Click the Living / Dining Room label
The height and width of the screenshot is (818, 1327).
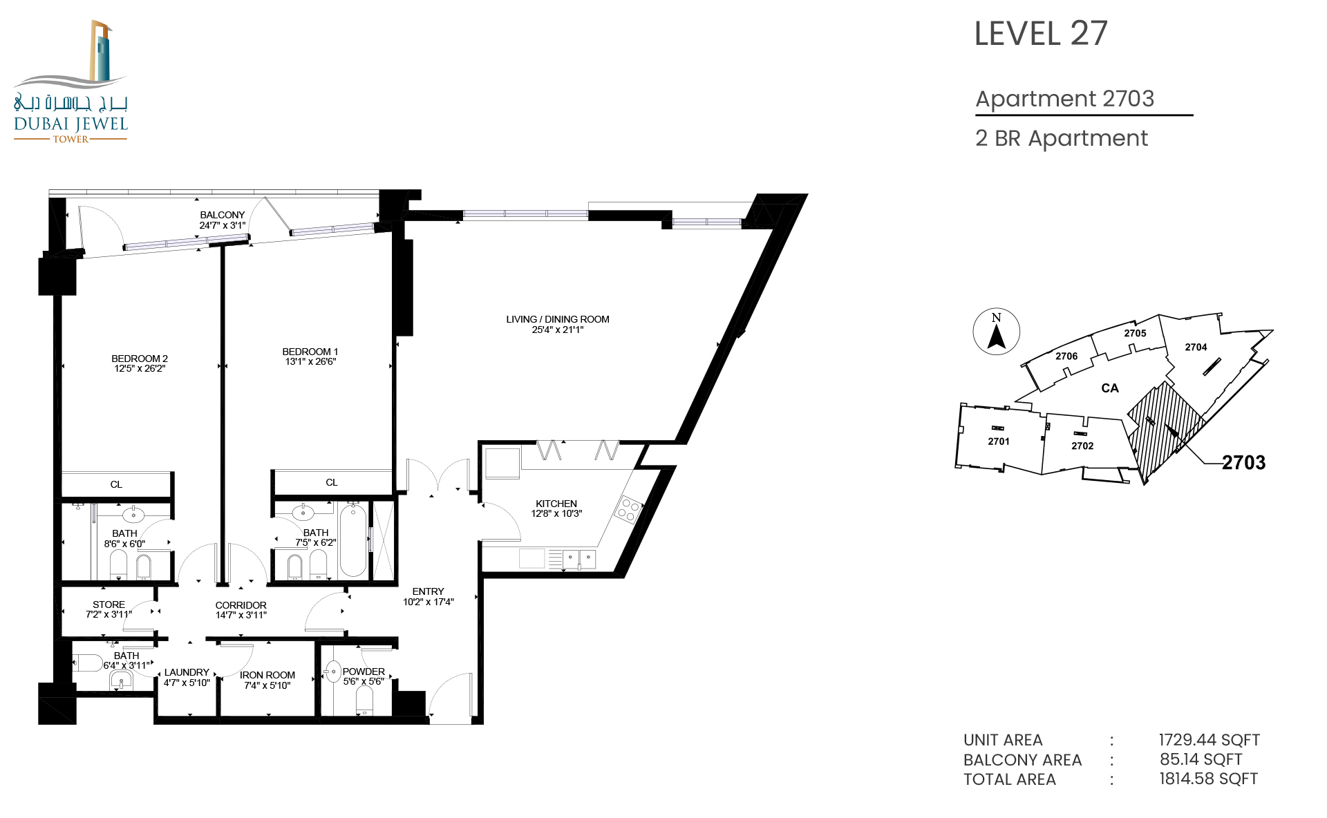point(558,319)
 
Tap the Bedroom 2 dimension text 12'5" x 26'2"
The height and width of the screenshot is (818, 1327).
point(140,368)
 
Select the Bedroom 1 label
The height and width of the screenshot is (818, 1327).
point(310,352)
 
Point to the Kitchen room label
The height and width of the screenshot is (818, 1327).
point(556,504)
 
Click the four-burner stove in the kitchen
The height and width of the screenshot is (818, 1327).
point(628,510)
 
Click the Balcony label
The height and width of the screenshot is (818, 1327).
point(223,215)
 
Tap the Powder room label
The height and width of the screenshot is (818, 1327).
point(364,672)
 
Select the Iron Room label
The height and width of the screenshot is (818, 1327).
point(267,675)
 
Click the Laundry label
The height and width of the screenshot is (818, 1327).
point(187,672)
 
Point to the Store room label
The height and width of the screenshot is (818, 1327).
point(109,605)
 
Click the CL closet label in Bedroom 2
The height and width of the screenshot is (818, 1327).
point(116,484)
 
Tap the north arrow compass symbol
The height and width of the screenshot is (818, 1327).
point(997,332)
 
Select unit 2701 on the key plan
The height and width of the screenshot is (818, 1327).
point(999,441)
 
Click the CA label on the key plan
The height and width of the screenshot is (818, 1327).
point(1110,388)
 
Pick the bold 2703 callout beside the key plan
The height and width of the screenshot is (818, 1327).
point(1243,463)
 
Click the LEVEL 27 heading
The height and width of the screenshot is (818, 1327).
point(1041,34)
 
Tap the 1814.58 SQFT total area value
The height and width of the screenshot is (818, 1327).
point(1209,779)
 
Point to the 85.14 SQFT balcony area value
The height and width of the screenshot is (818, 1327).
point(1201,759)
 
